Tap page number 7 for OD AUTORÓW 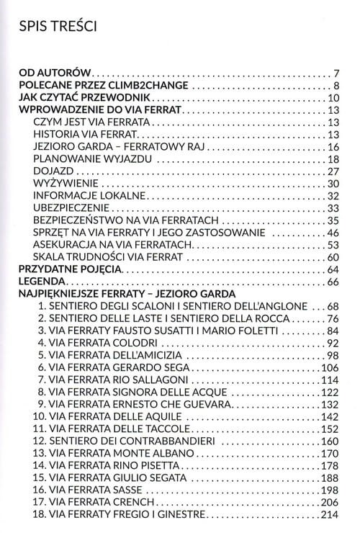[336, 73]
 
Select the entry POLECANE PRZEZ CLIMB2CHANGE [104, 86]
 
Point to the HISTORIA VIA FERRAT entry [84, 135]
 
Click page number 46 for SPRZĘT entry [333, 233]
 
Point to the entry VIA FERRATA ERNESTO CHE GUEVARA [140, 404]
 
